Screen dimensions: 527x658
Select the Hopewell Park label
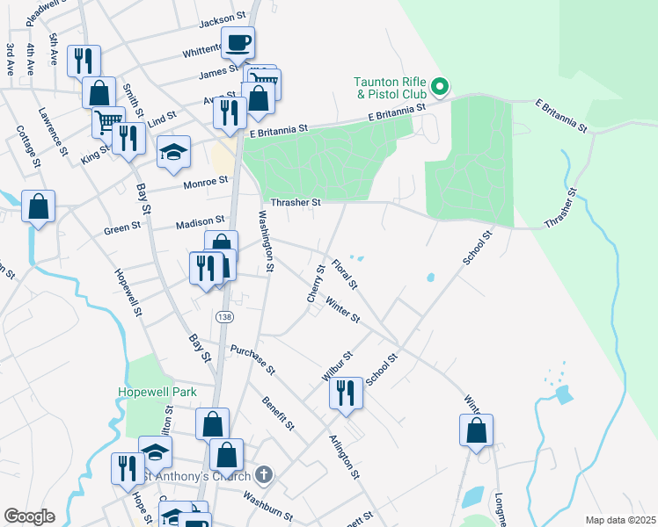[157, 392]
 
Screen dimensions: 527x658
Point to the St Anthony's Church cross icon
[264, 475]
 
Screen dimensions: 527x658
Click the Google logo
[29, 516]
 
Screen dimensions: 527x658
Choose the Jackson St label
[223, 18]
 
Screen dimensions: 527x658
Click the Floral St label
[345, 273]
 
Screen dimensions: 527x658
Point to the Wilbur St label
[337, 365]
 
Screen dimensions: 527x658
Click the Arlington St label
[344, 457]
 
